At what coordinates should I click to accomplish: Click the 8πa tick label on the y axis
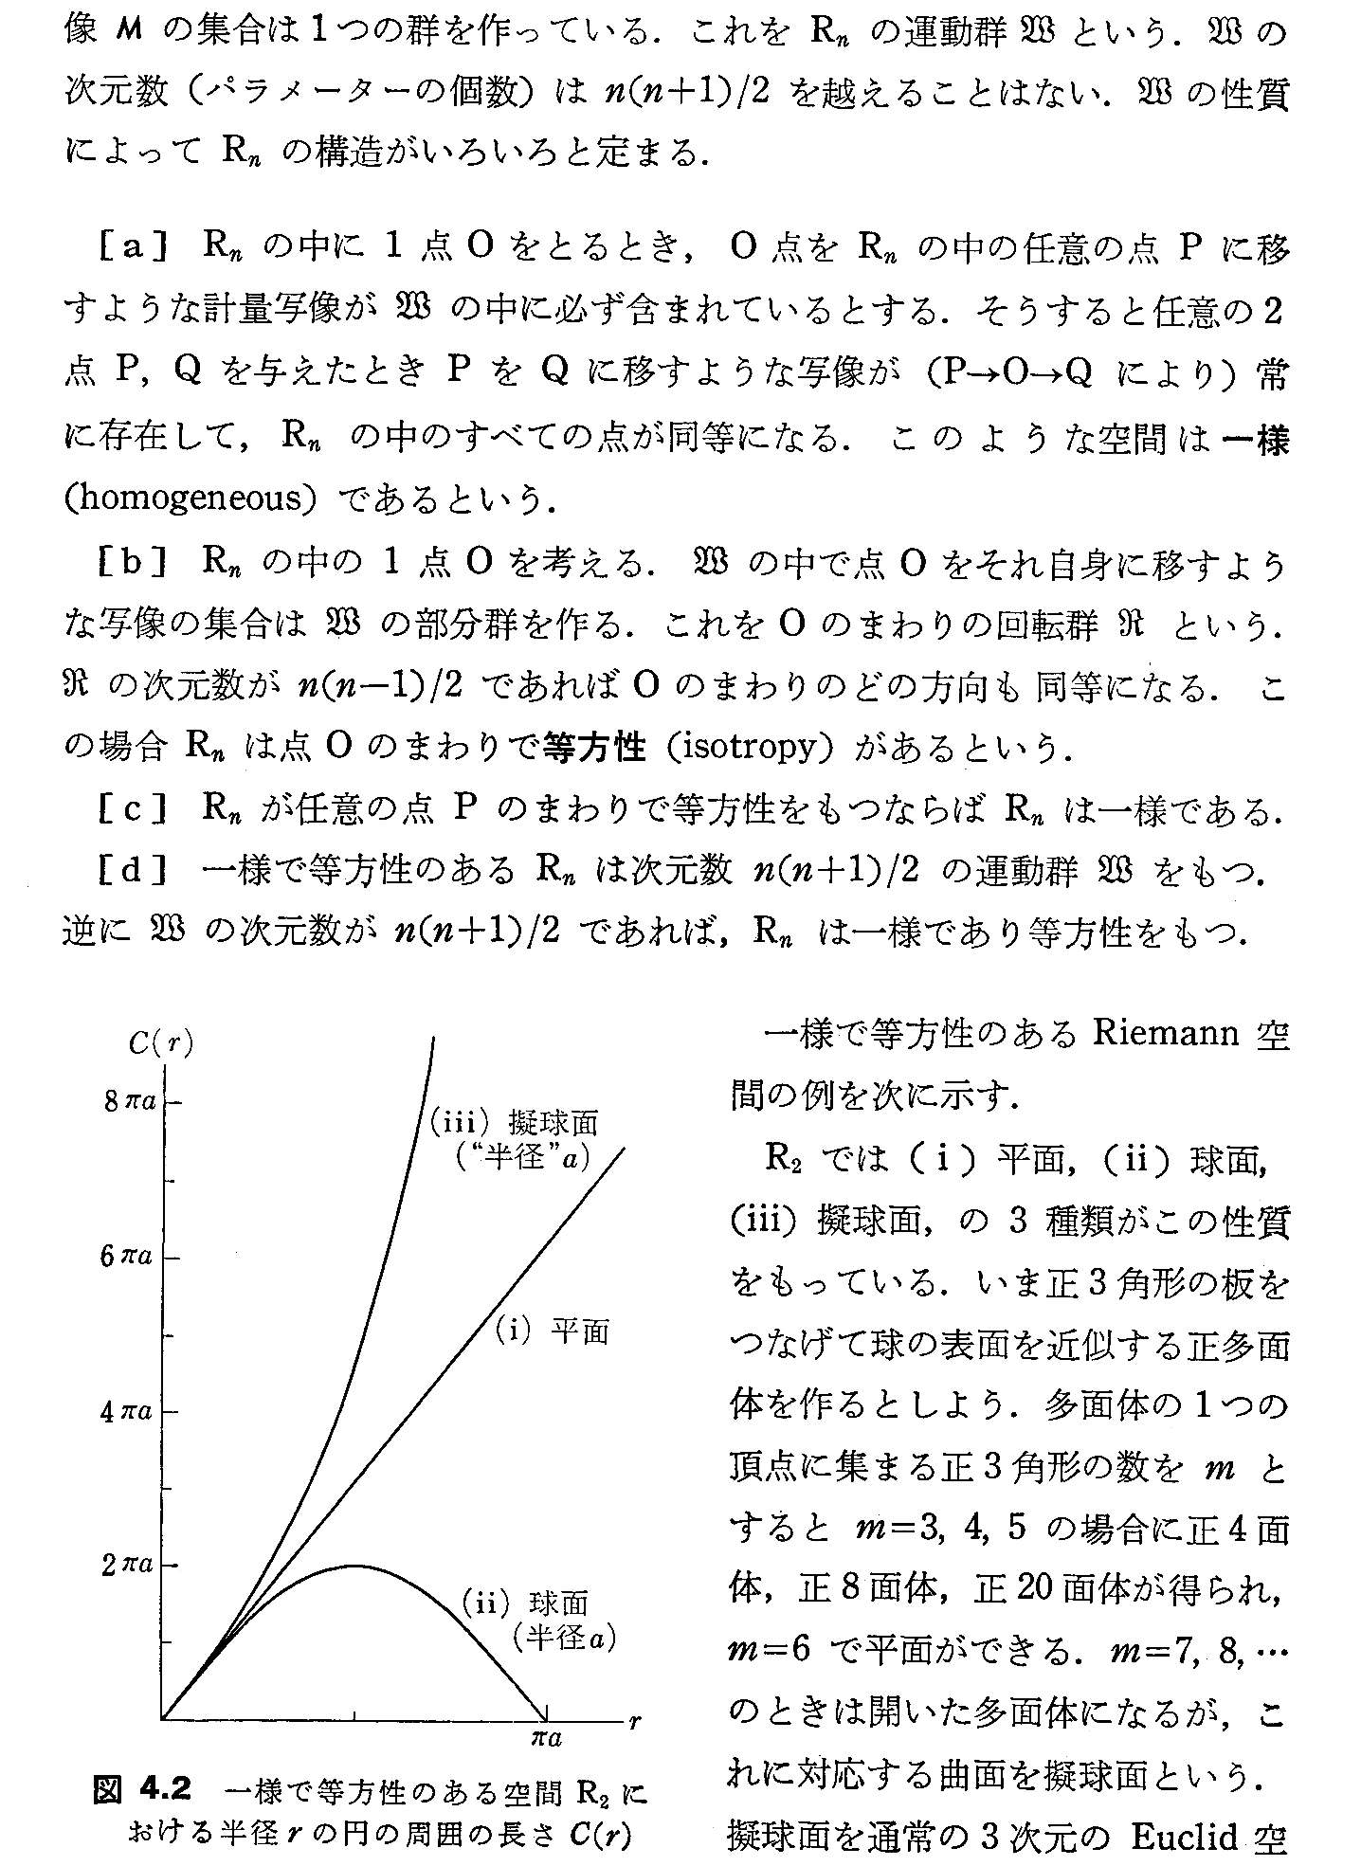[133, 1102]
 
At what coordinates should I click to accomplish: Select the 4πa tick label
[127, 1412]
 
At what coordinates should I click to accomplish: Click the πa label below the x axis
[546, 1738]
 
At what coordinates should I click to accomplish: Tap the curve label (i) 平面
[553, 1332]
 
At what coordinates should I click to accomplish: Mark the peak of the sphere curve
[354, 1565]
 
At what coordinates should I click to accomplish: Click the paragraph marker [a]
[133, 246]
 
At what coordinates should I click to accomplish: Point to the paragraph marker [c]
[133, 811]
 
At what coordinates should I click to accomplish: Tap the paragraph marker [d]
[133, 870]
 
